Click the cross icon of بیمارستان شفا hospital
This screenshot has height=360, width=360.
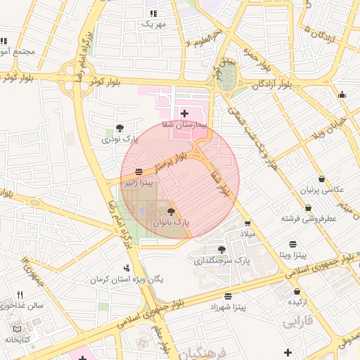tap(184, 113)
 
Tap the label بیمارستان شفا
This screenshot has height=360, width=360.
tap(185, 124)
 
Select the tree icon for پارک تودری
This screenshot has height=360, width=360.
tap(120, 128)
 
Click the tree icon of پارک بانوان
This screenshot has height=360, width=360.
tap(171, 210)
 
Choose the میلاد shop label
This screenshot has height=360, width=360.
tap(250, 232)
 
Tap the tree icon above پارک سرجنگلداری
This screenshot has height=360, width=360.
tap(222, 250)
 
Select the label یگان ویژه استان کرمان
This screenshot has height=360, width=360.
tap(127, 279)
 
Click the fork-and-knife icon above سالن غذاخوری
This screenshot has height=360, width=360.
tap(20, 295)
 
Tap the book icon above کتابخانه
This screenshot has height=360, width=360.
tap(18, 328)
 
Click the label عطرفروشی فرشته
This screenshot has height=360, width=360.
tap(310, 219)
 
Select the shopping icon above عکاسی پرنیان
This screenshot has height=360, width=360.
tap(321, 179)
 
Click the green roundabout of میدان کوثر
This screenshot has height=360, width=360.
tap(226, 78)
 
